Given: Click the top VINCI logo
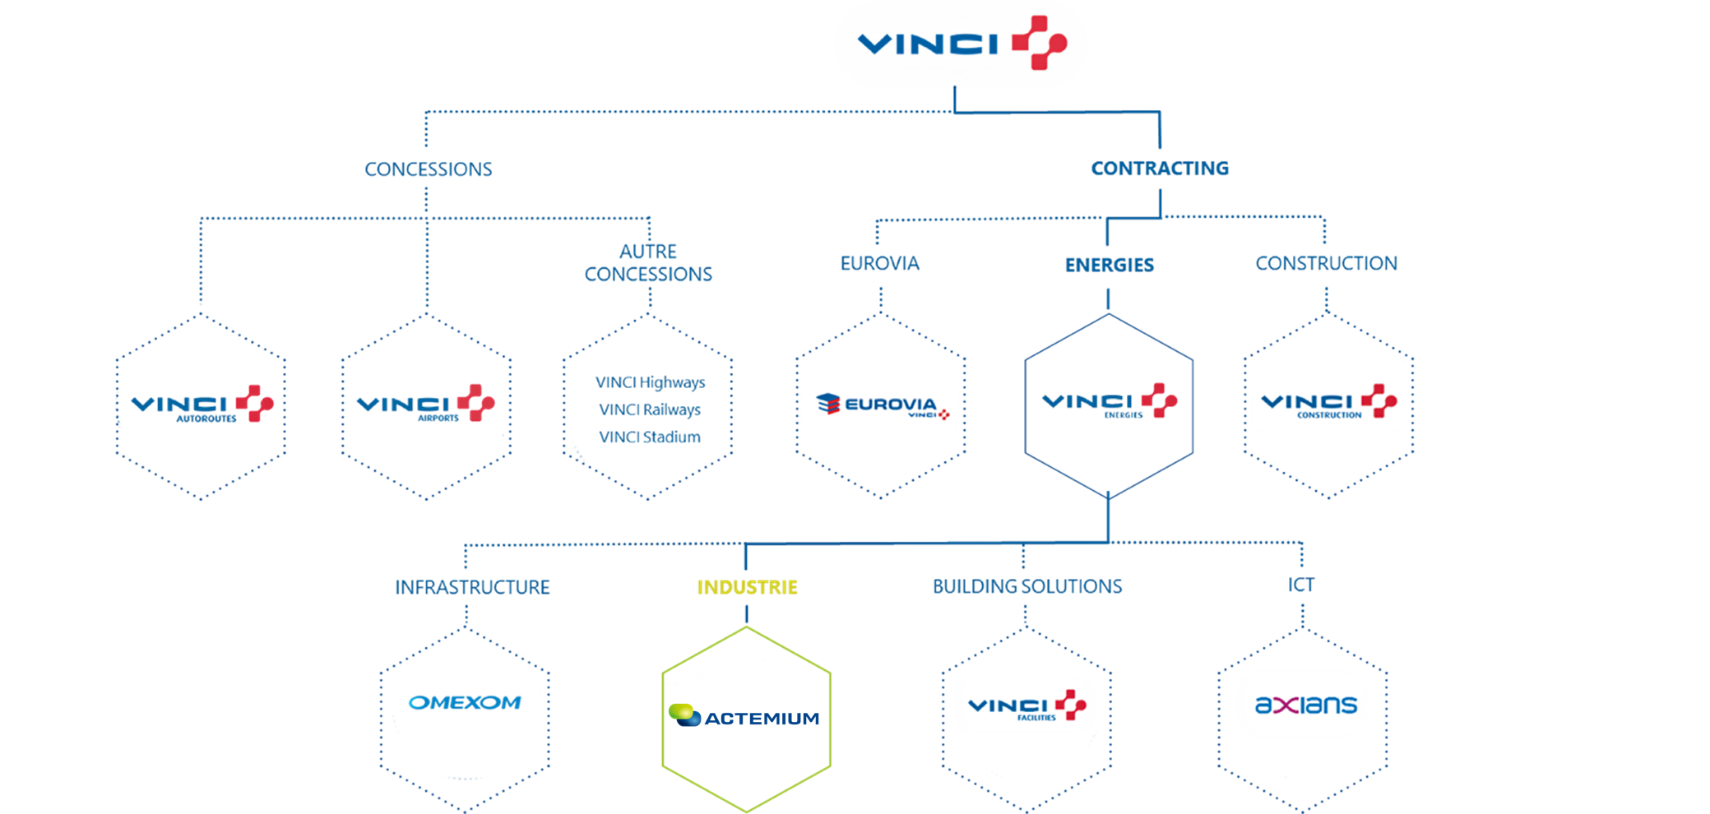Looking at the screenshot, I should point(961,44).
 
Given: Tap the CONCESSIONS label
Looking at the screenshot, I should point(429,169).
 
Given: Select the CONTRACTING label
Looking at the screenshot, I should point(1160,169).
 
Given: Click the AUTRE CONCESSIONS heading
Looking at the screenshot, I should point(648,263).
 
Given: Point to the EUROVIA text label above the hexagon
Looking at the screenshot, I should point(879,263).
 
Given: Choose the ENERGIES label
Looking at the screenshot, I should point(1109,265).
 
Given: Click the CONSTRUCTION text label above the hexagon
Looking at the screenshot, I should point(1326,263).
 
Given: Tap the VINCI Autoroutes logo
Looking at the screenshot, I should point(202,405).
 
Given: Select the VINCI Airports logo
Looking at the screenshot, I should point(426,405).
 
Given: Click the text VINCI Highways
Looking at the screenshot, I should point(650,382).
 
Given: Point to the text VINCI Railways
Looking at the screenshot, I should point(650,409).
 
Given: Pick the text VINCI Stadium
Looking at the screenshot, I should point(650,437).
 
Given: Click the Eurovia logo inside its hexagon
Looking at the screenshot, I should point(880,406).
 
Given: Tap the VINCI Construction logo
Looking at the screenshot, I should point(1328,402).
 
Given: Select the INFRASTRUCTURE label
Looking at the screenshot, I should point(472,587).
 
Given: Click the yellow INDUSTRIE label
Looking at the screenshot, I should point(747,587).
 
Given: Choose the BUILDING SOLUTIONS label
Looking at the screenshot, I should point(1027,586).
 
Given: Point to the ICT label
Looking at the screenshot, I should point(1301,585).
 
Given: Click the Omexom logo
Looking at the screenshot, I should point(465,703).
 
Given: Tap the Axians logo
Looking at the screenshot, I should point(1305,705).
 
